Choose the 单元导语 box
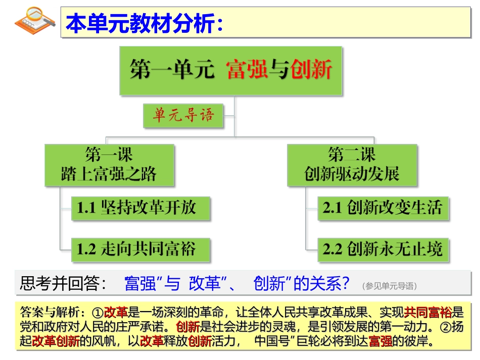(183, 116)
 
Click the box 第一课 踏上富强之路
(109, 165)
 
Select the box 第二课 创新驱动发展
(352, 165)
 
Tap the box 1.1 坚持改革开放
(140, 208)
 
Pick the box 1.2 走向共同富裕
(140, 248)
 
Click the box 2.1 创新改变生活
(382, 208)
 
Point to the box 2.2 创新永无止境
(382, 248)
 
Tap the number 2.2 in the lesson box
(332, 249)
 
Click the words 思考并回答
(63, 284)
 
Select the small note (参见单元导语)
(390, 286)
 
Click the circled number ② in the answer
(445, 327)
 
